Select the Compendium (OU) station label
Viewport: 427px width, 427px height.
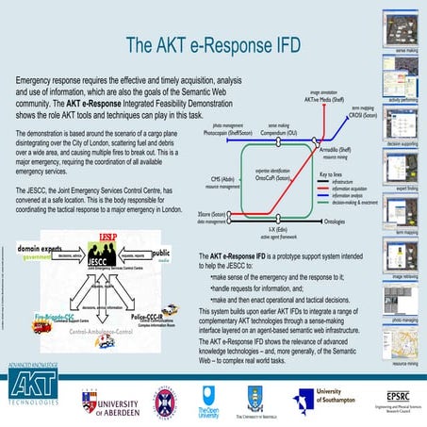pyautogui.click(x=279, y=134)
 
